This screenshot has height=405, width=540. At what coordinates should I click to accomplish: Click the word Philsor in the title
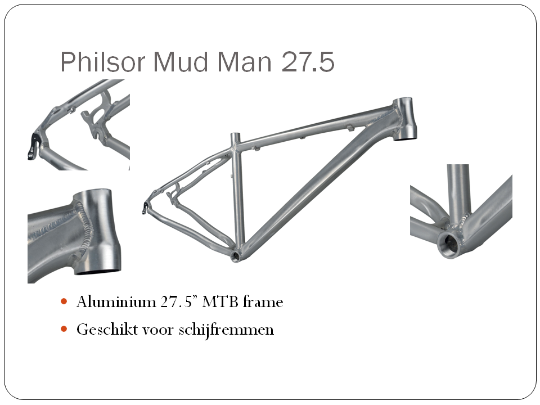(102, 62)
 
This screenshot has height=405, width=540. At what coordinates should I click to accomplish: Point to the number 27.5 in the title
(308, 62)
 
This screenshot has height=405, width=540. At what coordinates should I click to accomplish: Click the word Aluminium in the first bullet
(116, 301)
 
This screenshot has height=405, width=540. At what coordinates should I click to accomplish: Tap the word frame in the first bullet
(263, 301)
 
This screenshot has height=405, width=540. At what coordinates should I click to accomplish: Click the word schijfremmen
(226, 330)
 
